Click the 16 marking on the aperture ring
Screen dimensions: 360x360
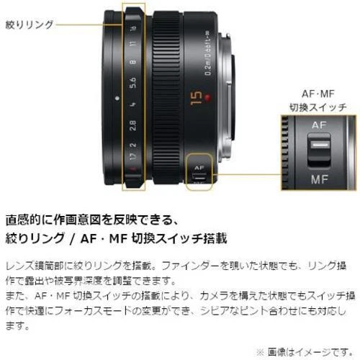(x=133, y=28)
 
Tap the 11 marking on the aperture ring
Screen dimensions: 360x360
(x=133, y=44)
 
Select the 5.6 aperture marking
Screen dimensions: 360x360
(x=133, y=82)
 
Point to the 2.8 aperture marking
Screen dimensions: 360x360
(x=133, y=125)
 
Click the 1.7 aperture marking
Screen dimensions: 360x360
(x=132, y=156)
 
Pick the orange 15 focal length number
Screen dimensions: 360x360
(x=196, y=98)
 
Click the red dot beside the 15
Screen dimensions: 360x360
(x=207, y=97)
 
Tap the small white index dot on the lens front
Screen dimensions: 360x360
(x=117, y=98)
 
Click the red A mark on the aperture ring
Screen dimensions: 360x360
(x=132, y=170)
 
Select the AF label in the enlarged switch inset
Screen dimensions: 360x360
(x=319, y=125)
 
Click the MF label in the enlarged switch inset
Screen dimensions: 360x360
(x=319, y=179)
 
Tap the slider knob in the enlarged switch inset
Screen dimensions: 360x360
(x=319, y=150)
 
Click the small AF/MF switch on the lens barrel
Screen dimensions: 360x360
(x=199, y=177)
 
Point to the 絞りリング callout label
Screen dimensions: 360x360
(x=30, y=24)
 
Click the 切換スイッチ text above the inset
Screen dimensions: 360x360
(x=318, y=107)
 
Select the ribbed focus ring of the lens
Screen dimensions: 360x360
(x=166, y=98)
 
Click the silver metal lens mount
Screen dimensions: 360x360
(x=226, y=96)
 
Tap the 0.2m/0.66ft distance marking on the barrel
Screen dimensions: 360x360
(x=208, y=53)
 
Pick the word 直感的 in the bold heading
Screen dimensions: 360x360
(x=23, y=220)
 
